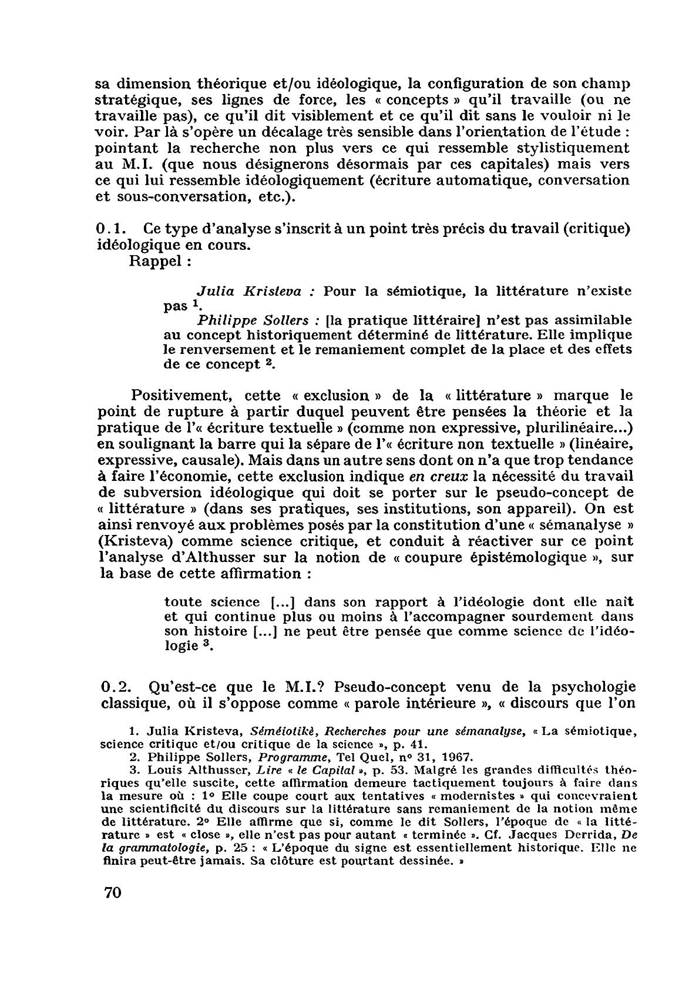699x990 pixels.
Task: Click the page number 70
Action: (112, 909)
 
